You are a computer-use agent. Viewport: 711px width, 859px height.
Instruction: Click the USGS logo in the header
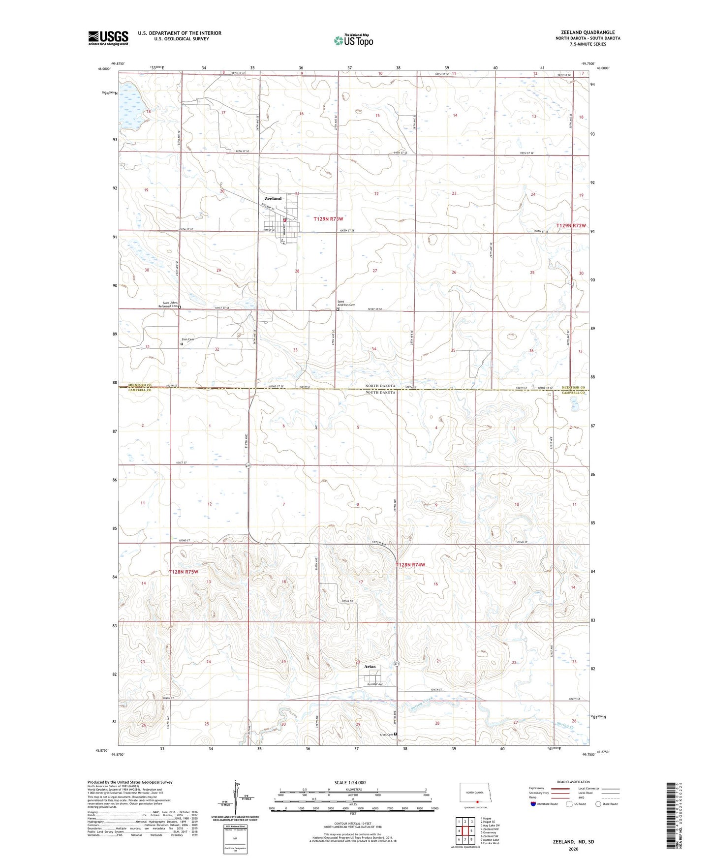(x=108, y=38)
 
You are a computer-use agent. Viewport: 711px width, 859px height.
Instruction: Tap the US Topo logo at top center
(x=352, y=40)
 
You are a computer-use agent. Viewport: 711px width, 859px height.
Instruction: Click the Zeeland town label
(x=273, y=198)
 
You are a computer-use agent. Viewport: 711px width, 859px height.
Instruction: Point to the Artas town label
(x=370, y=667)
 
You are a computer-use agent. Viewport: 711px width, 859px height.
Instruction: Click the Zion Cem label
(x=187, y=339)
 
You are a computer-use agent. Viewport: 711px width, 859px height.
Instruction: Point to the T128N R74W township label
(x=410, y=565)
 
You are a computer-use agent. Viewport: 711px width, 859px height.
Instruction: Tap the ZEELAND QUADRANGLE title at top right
(x=584, y=32)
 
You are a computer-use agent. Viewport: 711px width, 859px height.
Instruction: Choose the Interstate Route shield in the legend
(x=533, y=804)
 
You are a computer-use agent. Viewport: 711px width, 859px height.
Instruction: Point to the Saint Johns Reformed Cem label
(x=168, y=304)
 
